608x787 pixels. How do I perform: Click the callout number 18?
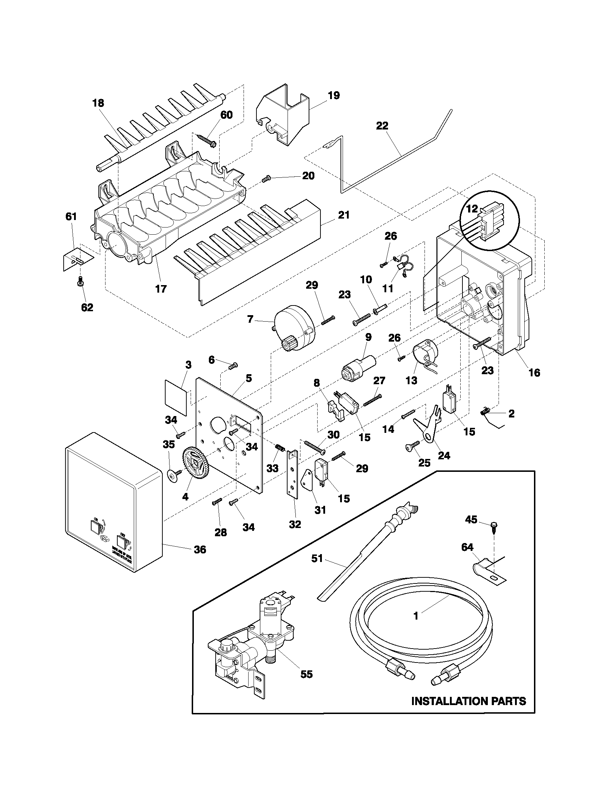[98, 103]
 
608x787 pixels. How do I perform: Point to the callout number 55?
[307, 674]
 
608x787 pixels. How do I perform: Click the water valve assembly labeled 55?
[252, 645]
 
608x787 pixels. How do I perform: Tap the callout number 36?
[200, 549]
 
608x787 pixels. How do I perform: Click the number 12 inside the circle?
[472, 209]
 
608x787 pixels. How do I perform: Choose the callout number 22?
[382, 126]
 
